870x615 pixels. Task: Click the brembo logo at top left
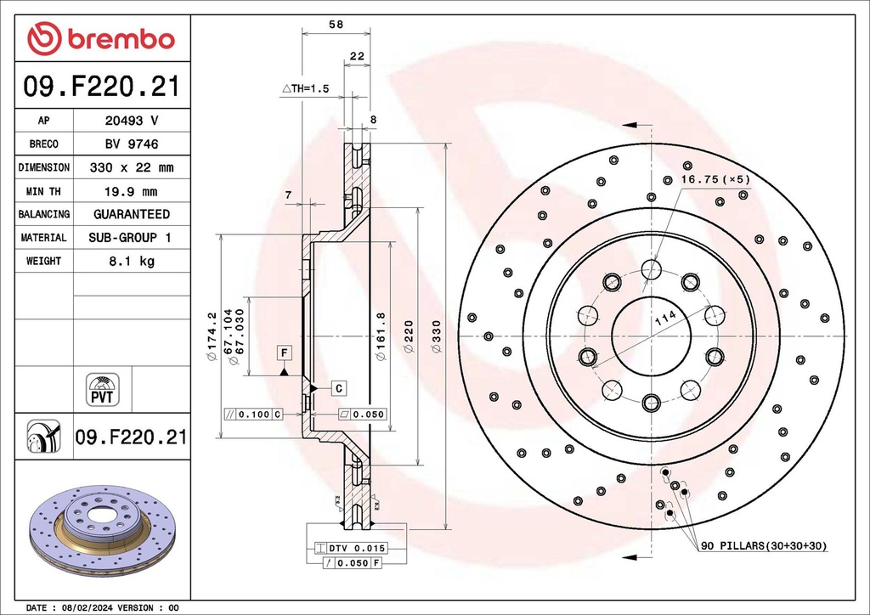(100, 38)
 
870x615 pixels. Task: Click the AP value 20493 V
(131, 121)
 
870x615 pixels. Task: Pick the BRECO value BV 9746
(131, 144)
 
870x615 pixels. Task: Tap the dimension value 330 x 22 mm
(131, 167)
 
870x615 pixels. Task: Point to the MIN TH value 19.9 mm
(131, 191)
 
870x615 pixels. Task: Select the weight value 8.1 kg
(131, 261)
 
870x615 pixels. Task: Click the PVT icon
(103, 388)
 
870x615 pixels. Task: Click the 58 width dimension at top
(336, 25)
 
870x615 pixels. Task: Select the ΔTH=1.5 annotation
(305, 88)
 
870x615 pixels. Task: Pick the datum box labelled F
(283, 352)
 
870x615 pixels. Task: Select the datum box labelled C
(338, 388)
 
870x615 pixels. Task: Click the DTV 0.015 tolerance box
(356, 548)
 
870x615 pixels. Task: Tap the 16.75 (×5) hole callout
(715, 179)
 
